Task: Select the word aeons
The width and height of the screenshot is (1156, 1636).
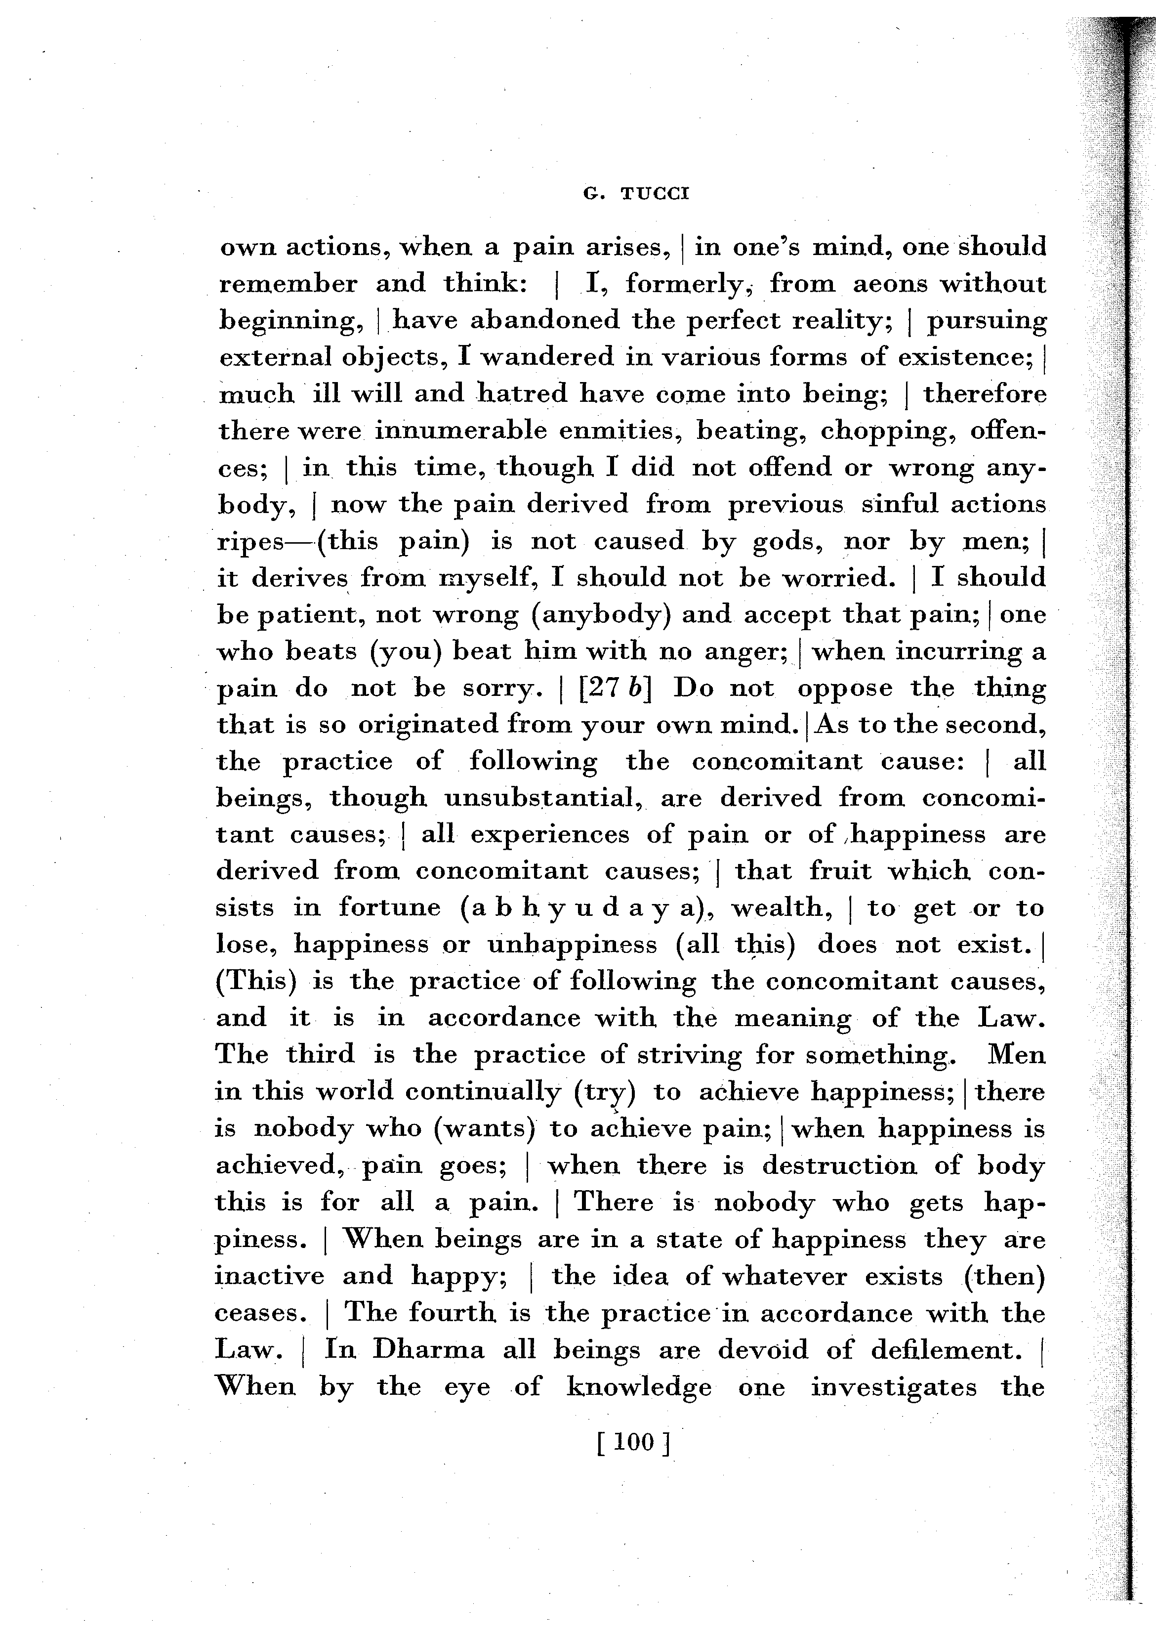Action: tap(887, 284)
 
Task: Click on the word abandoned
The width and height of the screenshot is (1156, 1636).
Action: tap(545, 321)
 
